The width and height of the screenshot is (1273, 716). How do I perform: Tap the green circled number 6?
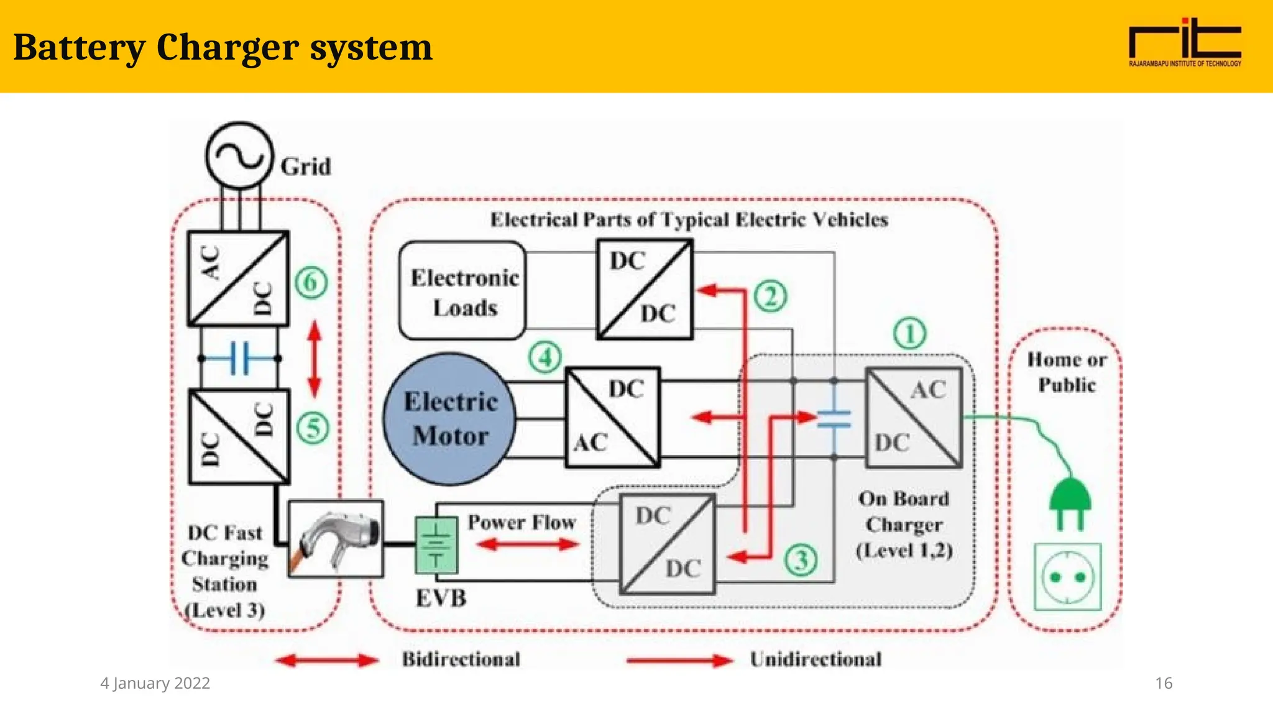tap(310, 283)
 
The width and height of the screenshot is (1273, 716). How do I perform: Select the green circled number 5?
tap(313, 428)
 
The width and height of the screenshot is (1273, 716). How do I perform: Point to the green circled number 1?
tap(909, 334)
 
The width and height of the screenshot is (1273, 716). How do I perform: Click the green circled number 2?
tap(770, 296)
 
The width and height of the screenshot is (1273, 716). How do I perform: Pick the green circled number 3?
tap(800, 560)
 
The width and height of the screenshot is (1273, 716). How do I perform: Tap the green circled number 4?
tap(545, 357)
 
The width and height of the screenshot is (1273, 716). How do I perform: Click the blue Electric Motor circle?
tap(450, 419)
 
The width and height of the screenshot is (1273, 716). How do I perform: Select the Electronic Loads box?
tap(462, 291)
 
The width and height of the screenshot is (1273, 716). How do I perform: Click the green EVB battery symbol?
tap(436, 545)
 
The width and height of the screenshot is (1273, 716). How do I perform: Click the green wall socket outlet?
tap(1067, 577)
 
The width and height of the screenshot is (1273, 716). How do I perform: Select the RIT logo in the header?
tap(1185, 42)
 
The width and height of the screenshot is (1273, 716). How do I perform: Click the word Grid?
tap(305, 167)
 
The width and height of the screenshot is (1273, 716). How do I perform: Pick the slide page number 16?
tap(1163, 683)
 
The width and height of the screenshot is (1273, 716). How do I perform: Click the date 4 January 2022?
tap(155, 683)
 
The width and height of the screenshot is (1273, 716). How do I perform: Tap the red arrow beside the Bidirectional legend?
tap(327, 660)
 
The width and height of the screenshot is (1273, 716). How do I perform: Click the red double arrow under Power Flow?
tap(528, 544)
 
